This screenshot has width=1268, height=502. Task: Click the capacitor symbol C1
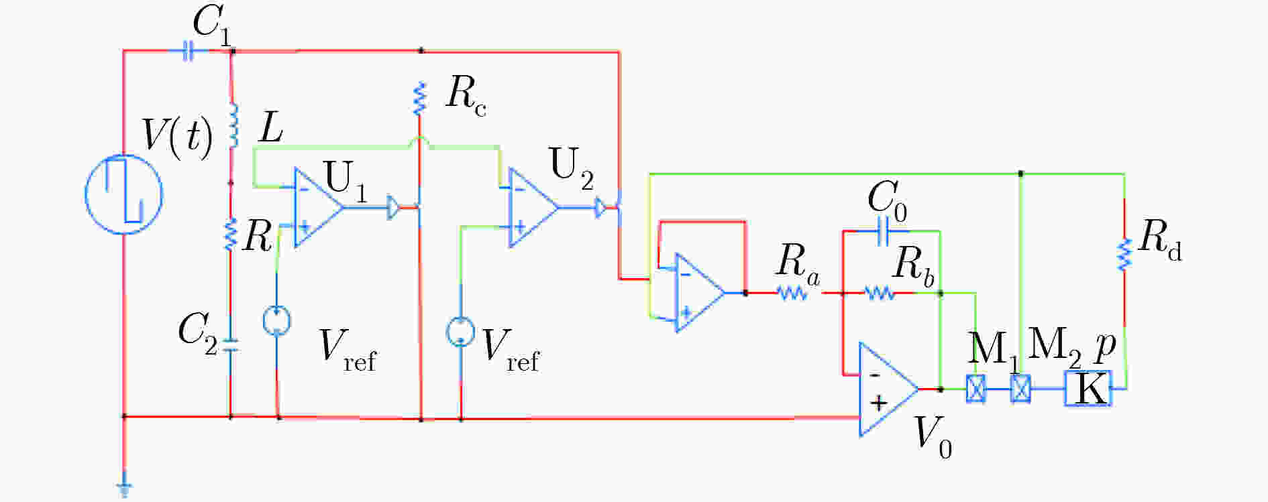coord(189,51)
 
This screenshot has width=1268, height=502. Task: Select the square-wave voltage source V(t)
coord(124,194)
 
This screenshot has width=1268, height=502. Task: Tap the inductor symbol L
coord(233,125)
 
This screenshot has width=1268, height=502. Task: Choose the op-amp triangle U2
coord(533,208)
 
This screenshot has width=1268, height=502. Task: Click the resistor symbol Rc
coord(419,98)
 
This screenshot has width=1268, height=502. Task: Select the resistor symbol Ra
coord(792,293)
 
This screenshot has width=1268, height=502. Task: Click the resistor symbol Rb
coord(879,293)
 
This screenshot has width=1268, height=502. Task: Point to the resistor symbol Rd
coord(1124,255)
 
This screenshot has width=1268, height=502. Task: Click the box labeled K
coord(1088,388)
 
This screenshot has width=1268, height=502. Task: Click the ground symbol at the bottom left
coord(124,489)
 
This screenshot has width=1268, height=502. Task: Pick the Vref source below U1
coord(276,320)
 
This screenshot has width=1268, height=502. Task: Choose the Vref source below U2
coord(460,332)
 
